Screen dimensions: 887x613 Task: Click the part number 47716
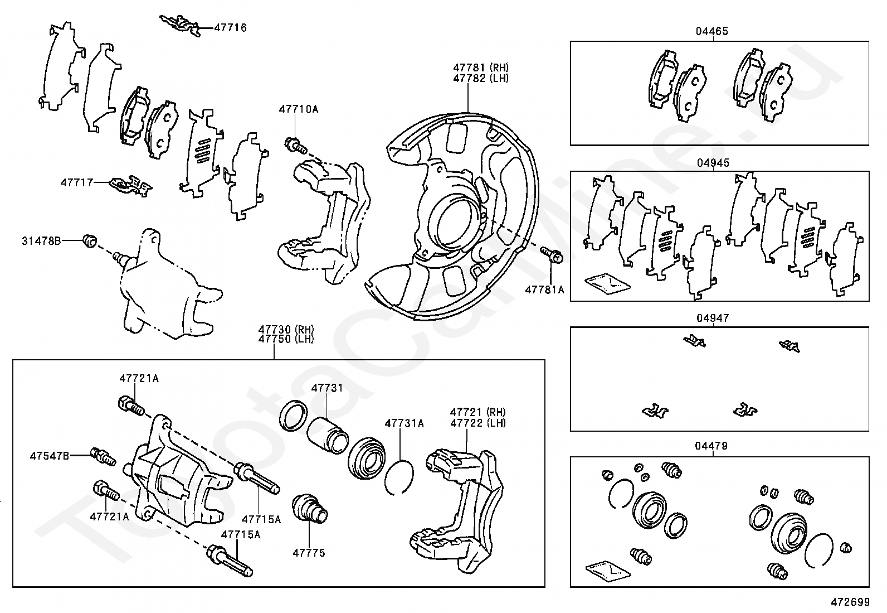(x=231, y=28)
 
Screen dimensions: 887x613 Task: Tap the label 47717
(x=77, y=183)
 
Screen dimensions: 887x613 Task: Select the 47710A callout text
(x=299, y=109)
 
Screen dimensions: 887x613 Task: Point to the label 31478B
(x=41, y=240)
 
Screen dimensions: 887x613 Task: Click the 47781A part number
(x=544, y=290)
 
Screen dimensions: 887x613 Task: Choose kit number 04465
(x=712, y=31)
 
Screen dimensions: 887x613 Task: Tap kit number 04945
(x=713, y=163)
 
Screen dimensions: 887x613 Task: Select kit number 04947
(x=713, y=318)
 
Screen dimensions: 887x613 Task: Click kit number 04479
(x=711, y=446)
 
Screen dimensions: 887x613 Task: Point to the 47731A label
(x=404, y=424)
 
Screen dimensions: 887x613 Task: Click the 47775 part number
(x=309, y=553)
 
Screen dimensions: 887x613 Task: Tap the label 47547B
(x=50, y=456)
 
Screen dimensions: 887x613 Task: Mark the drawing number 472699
(x=850, y=602)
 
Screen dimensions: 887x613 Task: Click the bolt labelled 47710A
(x=296, y=145)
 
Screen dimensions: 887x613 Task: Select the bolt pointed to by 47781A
(x=552, y=253)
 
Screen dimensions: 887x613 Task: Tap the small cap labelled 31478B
(x=90, y=240)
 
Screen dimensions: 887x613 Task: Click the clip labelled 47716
(x=181, y=25)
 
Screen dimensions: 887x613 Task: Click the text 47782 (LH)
(x=481, y=78)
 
